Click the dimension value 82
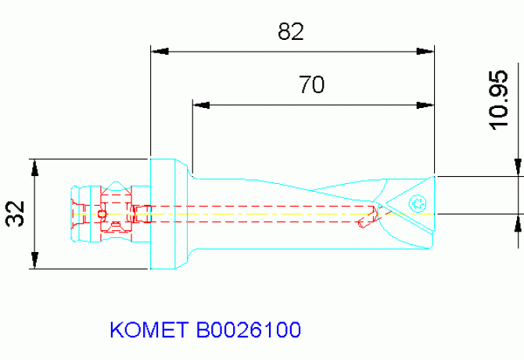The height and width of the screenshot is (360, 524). point(290,32)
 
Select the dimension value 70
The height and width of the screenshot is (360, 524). point(311,84)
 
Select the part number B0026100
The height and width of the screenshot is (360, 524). point(248,329)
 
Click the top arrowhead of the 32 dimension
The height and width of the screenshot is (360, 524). point(34,167)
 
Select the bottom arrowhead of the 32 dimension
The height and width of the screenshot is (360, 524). point(34,261)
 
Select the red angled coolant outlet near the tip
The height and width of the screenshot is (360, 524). point(368,219)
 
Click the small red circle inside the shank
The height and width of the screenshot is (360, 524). point(101,214)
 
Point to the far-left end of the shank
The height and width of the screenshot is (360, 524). point(74,214)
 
